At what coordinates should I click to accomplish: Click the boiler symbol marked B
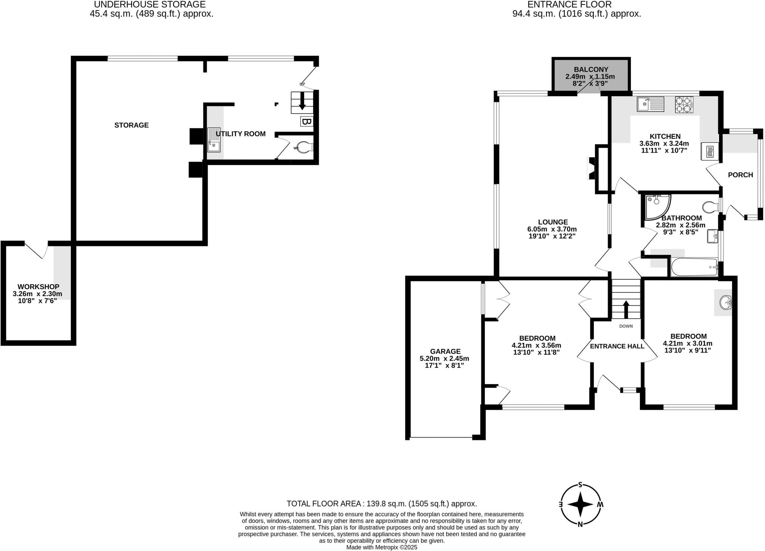click(306, 122)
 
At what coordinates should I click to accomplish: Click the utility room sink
click(214, 140)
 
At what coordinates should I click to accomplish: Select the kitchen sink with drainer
click(650, 104)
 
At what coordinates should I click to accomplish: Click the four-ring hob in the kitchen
click(684, 105)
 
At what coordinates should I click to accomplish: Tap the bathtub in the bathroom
click(694, 267)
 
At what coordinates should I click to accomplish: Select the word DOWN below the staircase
click(626, 326)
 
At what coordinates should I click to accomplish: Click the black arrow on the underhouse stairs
click(302, 102)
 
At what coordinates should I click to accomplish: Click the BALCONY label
click(591, 69)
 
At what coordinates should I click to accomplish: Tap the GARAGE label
click(445, 351)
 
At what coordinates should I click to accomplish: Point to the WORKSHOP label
click(38, 287)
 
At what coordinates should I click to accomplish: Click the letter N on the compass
click(580, 524)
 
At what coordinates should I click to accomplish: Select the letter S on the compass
click(580, 485)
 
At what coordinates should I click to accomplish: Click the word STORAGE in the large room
click(131, 125)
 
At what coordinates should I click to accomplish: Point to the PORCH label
click(740, 175)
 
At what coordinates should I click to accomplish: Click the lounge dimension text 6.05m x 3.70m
click(552, 229)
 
